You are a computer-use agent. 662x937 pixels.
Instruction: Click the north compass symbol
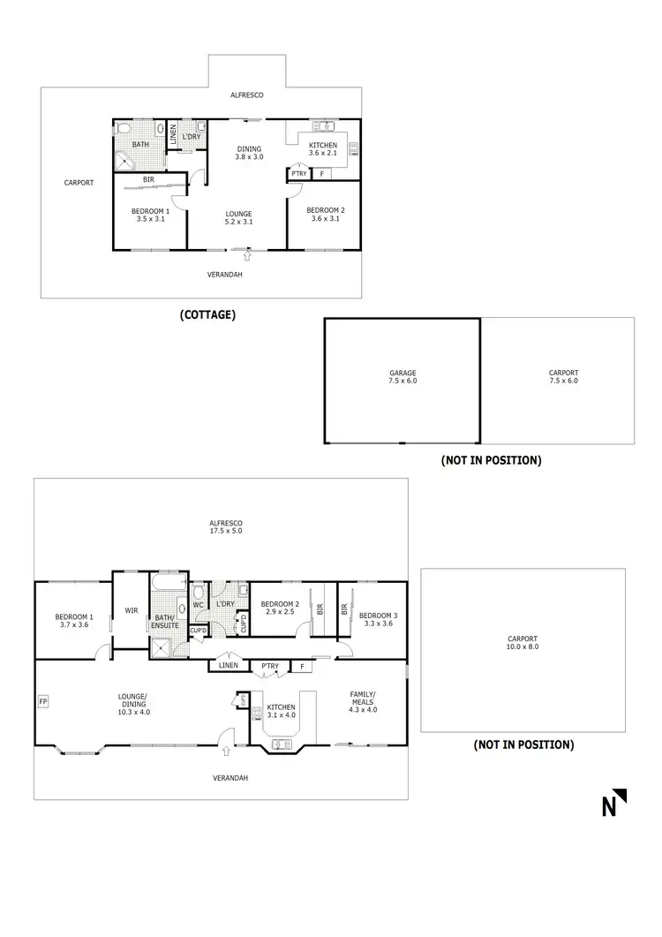click(614, 803)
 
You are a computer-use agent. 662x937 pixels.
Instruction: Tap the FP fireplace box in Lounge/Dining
click(42, 702)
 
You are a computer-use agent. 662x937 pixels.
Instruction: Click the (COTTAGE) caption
click(207, 314)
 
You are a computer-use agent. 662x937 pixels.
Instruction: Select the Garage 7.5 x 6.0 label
click(402, 377)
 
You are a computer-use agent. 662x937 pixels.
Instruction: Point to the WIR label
click(132, 609)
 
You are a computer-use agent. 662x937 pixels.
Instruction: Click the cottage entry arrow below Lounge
click(250, 256)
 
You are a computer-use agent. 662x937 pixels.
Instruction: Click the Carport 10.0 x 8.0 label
click(523, 643)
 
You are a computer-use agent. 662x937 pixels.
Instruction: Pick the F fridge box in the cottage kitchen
click(321, 174)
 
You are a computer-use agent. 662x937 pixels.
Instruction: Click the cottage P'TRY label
click(297, 174)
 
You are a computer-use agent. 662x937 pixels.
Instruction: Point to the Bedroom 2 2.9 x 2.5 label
click(280, 608)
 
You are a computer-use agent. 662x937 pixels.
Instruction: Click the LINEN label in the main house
click(228, 665)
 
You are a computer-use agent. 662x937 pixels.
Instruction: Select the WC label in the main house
click(198, 605)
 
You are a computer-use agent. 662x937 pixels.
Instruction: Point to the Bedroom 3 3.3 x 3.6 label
click(375, 619)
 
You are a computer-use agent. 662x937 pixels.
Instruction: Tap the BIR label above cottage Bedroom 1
click(149, 179)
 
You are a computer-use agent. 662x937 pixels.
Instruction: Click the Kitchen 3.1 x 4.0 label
click(282, 713)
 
